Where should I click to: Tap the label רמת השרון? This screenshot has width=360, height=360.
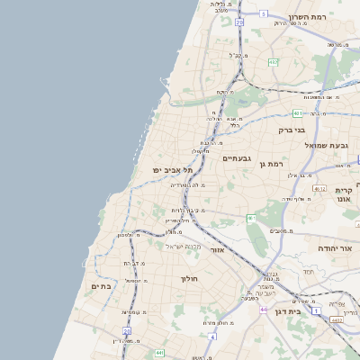(311, 17)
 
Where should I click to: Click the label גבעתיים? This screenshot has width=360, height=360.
(236, 158)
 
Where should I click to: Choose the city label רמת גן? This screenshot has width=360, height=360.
(270, 164)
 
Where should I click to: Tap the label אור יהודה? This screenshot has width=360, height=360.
(338, 247)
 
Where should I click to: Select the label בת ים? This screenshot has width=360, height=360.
(102, 286)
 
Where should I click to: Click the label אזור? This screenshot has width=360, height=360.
(217, 249)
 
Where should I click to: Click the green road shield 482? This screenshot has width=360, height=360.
(273, 62)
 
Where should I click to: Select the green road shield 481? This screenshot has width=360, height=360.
(298, 113)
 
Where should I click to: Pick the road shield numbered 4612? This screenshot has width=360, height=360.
(319, 189)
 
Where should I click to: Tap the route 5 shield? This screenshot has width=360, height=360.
(264, 13)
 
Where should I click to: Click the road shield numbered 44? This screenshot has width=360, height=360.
(264, 309)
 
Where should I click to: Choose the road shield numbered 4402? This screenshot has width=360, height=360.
(336, 319)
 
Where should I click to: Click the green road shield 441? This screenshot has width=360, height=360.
(158, 353)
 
